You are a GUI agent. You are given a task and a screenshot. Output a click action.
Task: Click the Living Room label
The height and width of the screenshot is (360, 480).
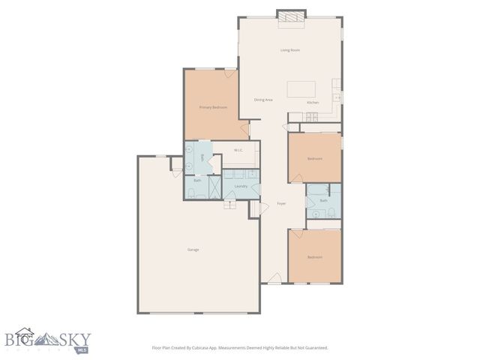point(290,50)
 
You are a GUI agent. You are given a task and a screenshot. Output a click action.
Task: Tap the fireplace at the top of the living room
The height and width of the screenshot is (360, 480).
point(290,19)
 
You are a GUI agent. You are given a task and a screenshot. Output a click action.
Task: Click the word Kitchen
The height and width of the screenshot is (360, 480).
point(313,102)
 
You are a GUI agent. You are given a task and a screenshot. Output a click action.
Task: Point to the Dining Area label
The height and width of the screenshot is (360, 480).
point(262,100)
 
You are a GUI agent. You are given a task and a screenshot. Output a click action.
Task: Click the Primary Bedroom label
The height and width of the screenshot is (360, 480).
point(213,107)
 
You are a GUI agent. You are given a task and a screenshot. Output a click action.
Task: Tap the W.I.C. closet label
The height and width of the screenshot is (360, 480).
point(238,150)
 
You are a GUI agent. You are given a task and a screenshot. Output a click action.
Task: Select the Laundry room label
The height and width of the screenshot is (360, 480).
point(241,186)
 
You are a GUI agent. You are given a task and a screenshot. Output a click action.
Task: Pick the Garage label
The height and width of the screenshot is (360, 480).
point(193,249)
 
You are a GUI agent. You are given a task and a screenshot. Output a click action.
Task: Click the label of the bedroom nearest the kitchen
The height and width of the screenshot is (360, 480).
point(314,158)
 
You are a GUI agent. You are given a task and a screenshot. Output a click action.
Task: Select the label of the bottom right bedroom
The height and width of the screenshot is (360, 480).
point(314,257)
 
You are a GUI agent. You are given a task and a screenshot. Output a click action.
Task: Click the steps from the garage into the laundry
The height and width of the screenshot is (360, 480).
point(231,205)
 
